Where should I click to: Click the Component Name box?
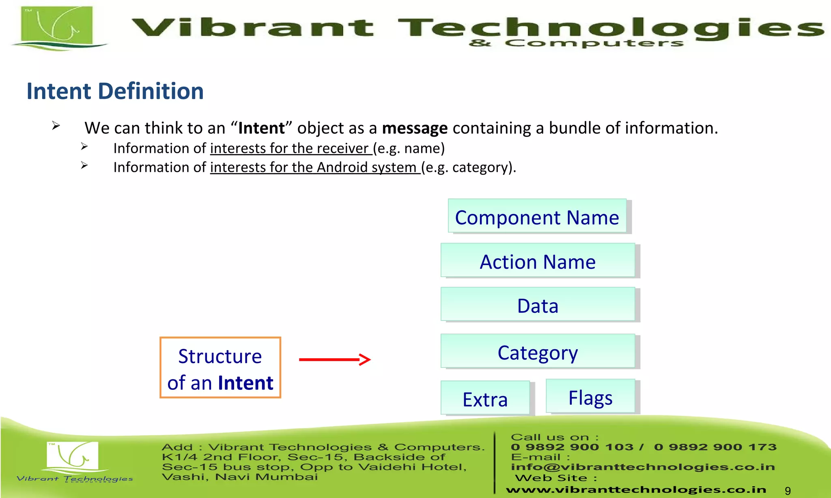tap(537, 216)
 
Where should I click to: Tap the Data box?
tap(538, 305)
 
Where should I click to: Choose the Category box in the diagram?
tap(538, 351)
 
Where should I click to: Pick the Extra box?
tap(485, 398)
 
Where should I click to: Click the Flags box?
tap(590, 397)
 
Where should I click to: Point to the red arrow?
tap(335, 359)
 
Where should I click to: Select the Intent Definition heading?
tap(115, 91)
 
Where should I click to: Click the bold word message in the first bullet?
tap(415, 128)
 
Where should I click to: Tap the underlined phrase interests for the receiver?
tap(291, 149)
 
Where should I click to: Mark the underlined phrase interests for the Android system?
tap(315, 167)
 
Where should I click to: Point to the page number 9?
tap(788, 491)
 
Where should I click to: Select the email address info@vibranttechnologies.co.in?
tap(642, 467)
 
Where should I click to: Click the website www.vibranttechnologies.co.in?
tap(636, 490)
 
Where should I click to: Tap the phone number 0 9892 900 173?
tap(715, 447)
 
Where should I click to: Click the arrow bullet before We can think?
tap(56, 126)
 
